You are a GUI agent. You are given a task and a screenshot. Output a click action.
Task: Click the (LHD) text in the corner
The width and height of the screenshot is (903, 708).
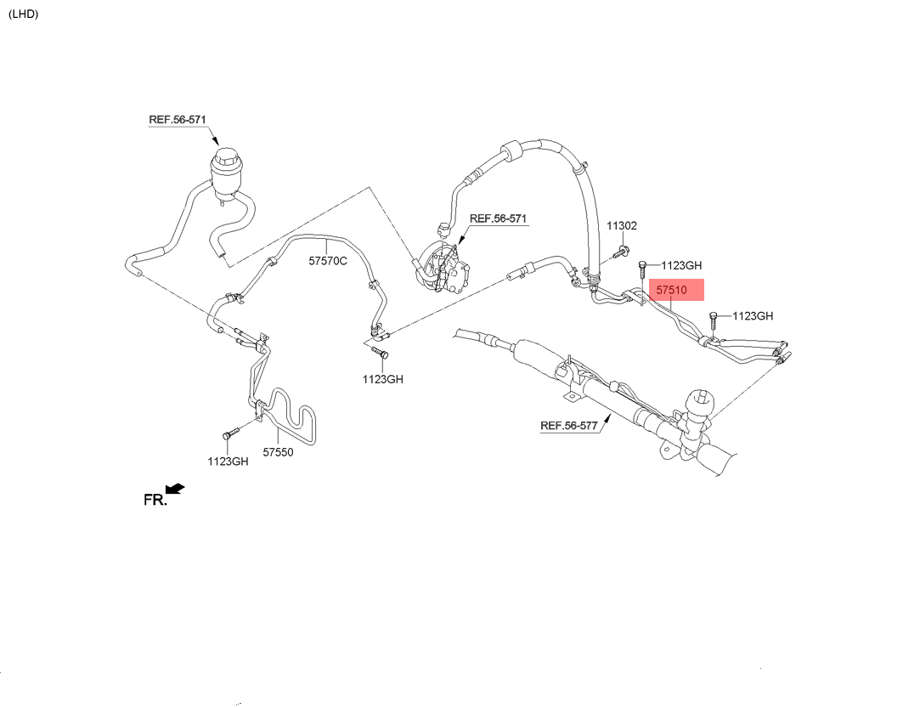point(24,14)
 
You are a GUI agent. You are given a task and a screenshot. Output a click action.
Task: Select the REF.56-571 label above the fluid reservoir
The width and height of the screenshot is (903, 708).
point(178,120)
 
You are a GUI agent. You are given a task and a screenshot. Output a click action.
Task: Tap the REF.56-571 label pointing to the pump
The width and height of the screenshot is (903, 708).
point(498,218)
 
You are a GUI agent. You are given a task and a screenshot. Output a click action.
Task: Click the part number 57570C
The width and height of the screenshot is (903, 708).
point(328,261)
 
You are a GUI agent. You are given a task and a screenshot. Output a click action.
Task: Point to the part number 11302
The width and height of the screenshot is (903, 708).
point(621,226)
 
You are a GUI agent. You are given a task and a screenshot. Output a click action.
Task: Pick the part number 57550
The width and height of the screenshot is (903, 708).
point(278,452)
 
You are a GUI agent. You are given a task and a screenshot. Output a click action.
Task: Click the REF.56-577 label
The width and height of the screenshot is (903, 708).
point(569,426)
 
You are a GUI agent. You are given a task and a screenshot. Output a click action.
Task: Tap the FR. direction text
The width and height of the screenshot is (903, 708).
point(155,500)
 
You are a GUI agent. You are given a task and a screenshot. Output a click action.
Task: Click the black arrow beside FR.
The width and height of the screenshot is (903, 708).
point(175,489)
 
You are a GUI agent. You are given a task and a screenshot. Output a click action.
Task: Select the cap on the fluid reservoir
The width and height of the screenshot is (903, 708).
point(227,156)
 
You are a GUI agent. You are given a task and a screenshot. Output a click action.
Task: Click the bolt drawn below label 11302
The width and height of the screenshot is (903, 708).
point(620,252)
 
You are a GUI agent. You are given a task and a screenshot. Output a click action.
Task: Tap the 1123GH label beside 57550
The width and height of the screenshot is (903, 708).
point(228,462)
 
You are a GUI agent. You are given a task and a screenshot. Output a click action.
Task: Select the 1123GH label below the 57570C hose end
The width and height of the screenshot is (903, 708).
point(383,379)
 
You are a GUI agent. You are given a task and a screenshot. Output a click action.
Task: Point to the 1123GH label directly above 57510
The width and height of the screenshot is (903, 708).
point(681,265)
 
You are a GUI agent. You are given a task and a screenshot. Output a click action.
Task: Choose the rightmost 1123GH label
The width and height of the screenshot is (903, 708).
point(753,315)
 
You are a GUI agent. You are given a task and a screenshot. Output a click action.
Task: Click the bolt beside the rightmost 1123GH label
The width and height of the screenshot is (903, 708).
point(714,321)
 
